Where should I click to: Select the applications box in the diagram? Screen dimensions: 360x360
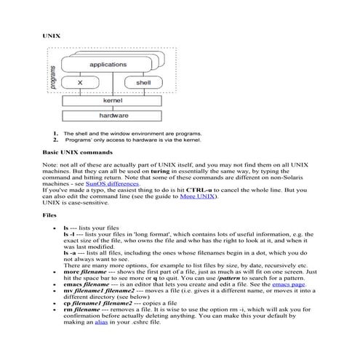click(108, 65)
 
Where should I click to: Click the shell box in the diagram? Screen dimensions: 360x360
click(143, 84)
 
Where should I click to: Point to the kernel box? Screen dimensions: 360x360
click(110, 102)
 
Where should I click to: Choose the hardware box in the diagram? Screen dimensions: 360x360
click(110, 115)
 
